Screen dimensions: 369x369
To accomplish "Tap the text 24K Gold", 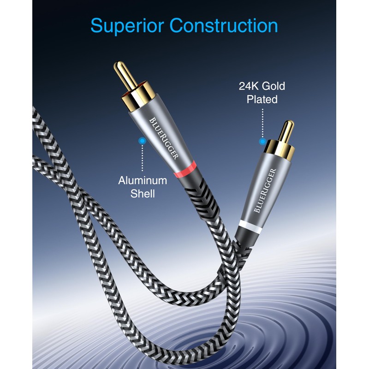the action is coord(262,86).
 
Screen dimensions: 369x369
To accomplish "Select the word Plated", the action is coord(262,99).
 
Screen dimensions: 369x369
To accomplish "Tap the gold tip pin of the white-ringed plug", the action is coord(286,131).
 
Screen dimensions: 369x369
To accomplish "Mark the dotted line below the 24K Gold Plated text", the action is coord(262,122).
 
